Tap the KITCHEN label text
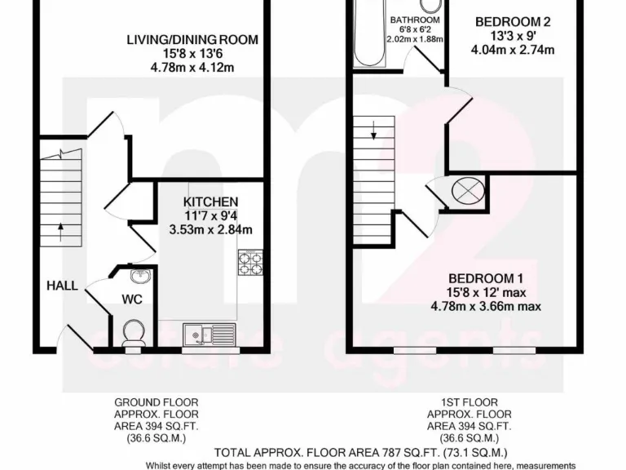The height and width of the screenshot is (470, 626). tap(210, 202)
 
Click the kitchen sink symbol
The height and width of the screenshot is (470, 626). tap(209, 333)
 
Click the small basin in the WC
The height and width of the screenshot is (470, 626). tap(145, 274)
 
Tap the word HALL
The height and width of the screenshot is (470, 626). tap(62, 286)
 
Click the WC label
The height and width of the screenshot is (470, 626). tap(132, 299)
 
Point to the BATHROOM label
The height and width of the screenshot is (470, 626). tap(415, 20)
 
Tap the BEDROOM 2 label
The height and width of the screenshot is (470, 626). tap(513, 22)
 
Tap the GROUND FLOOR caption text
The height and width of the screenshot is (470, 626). tap(156, 402)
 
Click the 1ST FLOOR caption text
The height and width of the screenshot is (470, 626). tap(469, 402)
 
